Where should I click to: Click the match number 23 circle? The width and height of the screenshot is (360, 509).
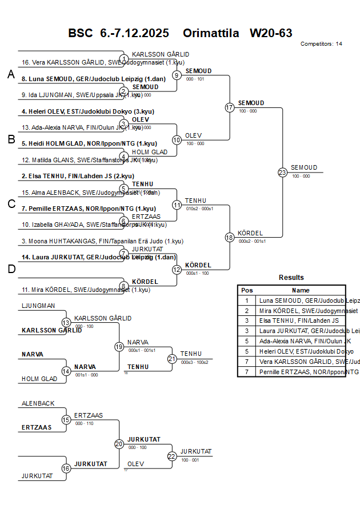pyautogui.click(x=282, y=172)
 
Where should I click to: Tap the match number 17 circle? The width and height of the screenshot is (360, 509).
pyautogui.click(x=230, y=107)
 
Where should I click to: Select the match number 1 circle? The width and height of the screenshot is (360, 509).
pyautogui.click(x=124, y=59)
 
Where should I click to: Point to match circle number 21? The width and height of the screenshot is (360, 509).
pyautogui.click(x=172, y=359)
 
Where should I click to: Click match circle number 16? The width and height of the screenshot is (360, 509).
pyautogui.click(x=66, y=468)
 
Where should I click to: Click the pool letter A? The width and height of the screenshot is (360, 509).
pyautogui.click(x=11, y=75)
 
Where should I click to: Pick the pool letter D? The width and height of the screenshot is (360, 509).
pyautogui.click(x=11, y=269)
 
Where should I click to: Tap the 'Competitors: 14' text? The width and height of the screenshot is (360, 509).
pyautogui.click(x=321, y=44)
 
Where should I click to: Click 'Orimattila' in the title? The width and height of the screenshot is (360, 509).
pyautogui.click(x=211, y=33)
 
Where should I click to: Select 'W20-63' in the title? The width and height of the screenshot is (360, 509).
pyautogui.click(x=271, y=33)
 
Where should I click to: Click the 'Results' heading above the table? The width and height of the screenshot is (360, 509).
pyautogui.click(x=291, y=278)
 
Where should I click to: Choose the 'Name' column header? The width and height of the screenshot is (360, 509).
pyautogui.click(x=301, y=290)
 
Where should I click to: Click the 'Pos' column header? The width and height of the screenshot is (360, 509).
pyautogui.click(x=247, y=290)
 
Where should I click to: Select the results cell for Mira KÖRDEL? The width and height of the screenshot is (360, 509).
pyautogui.click(x=301, y=311)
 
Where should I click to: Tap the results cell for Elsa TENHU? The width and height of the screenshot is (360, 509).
pyautogui.click(x=301, y=321)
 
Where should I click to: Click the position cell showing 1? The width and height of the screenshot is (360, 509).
pyautogui.click(x=247, y=300)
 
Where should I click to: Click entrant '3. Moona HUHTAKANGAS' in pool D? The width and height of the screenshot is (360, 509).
pyautogui.click(x=102, y=241)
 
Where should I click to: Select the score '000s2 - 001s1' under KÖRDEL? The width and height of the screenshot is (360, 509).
pyautogui.click(x=252, y=241)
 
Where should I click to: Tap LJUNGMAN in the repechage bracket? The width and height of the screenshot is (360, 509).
pyautogui.click(x=38, y=306)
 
